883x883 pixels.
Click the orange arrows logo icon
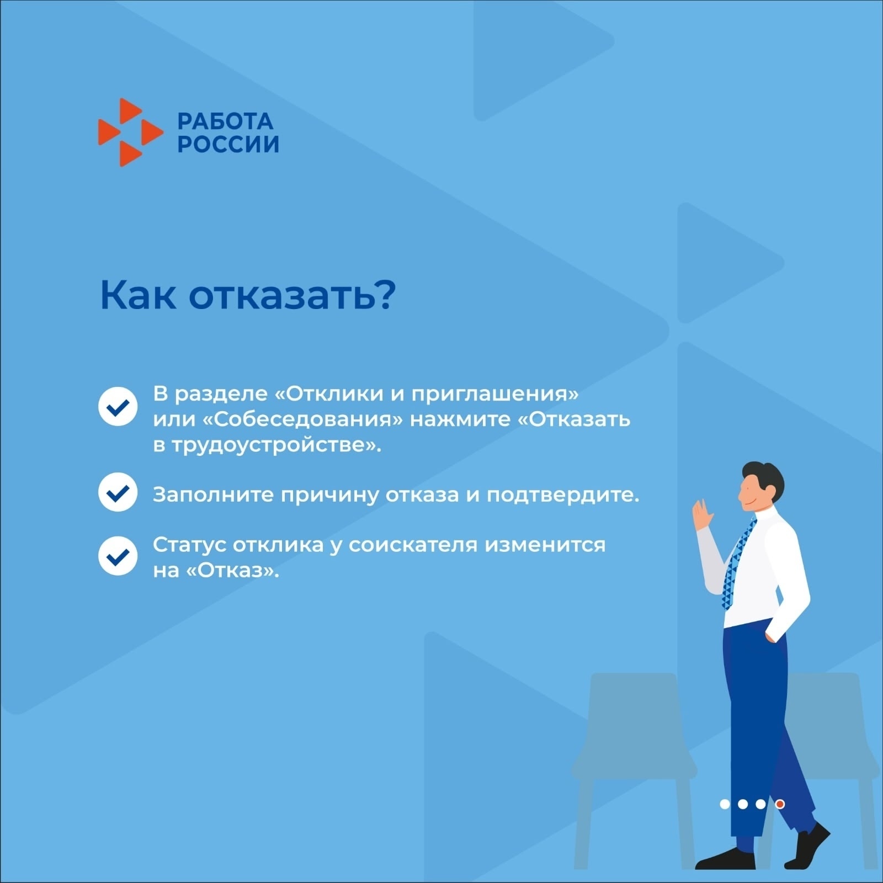click(x=131, y=132)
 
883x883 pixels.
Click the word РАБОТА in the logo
click(x=226, y=121)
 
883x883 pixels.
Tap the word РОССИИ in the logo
click(x=228, y=144)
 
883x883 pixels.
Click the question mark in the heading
click(x=385, y=295)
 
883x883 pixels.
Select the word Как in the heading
click(x=139, y=295)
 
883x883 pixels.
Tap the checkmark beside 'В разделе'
click(x=118, y=406)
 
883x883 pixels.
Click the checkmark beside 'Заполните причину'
click(x=118, y=492)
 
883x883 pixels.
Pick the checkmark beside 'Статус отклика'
click(x=118, y=556)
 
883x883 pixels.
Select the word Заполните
click(x=213, y=495)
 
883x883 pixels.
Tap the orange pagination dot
click(x=780, y=804)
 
